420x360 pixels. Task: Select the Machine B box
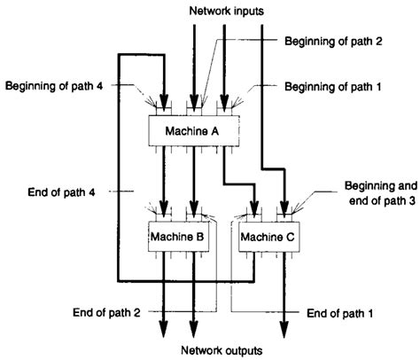[x=176, y=237]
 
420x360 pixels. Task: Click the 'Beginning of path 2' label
[x=332, y=41]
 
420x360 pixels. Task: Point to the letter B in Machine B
[x=200, y=237]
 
